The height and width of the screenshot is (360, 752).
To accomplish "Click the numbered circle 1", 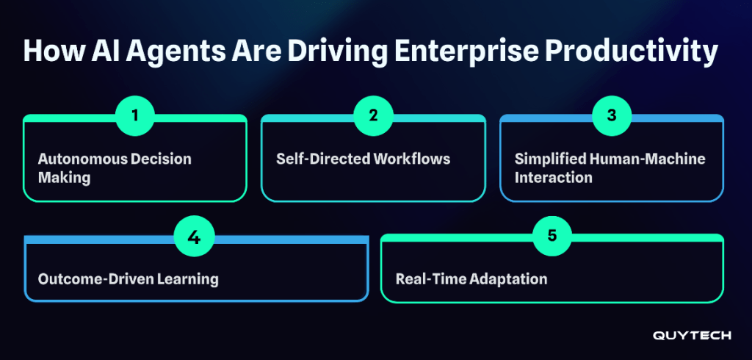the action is (135, 116).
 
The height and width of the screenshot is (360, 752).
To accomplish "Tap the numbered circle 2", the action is (373, 116).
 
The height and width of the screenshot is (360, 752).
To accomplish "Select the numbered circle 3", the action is (612, 116).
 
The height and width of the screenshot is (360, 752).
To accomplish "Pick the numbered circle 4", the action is (194, 237).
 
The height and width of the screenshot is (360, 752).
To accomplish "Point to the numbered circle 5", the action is (552, 237).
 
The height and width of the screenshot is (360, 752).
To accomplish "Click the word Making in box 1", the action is (65, 179).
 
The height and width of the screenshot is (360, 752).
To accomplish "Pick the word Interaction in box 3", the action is (554, 178).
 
